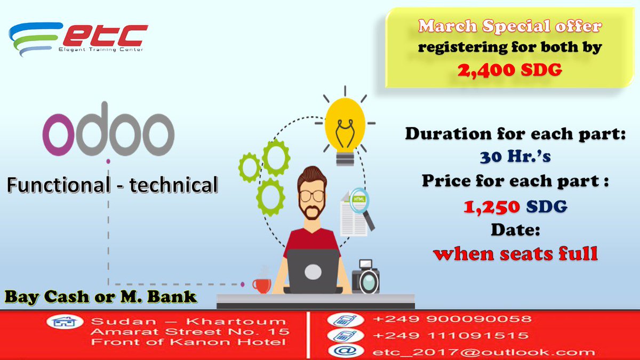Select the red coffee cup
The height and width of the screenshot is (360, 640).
262,283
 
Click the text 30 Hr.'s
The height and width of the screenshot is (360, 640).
515,157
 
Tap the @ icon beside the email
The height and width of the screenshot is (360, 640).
340,351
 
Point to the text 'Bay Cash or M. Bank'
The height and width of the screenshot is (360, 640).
101,297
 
